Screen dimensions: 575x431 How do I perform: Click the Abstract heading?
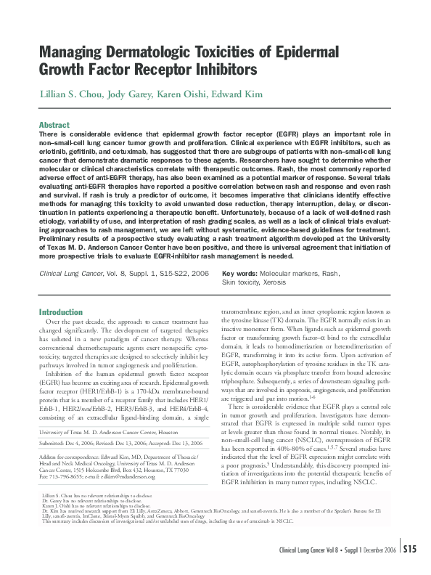(x=54, y=125)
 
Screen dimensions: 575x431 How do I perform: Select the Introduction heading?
(x=61, y=311)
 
